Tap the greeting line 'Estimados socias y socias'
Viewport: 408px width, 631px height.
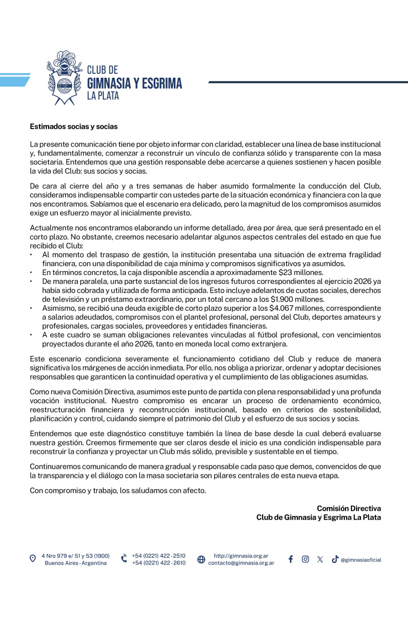click(x=74, y=127)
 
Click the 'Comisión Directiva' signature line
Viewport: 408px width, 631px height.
click(x=349, y=508)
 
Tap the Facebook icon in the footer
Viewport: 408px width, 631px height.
click(x=291, y=559)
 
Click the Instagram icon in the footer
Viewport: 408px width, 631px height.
click(x=305, y=559)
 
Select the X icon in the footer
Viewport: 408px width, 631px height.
click(x=320, y=559)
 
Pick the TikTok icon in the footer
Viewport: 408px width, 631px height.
click(x=335, y=559)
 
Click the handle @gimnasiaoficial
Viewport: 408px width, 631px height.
click(x=361, y=559)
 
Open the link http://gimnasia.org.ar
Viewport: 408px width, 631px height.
click(x=241, y=556)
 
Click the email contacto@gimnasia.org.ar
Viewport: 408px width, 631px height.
click(x=241, y=563)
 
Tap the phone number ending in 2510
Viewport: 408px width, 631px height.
click(x=159, y=556)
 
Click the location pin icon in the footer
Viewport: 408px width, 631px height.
click(x=33, y=559)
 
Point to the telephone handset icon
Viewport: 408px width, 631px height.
click(x=124, y=559)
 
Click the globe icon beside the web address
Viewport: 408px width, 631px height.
click(x=201, y=559)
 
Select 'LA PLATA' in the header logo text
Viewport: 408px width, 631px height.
click(x=103, y=96)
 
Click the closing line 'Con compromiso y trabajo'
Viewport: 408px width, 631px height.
click(x=118, y=490)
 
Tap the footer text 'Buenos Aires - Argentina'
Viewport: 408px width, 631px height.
click(x=75, y=563)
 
